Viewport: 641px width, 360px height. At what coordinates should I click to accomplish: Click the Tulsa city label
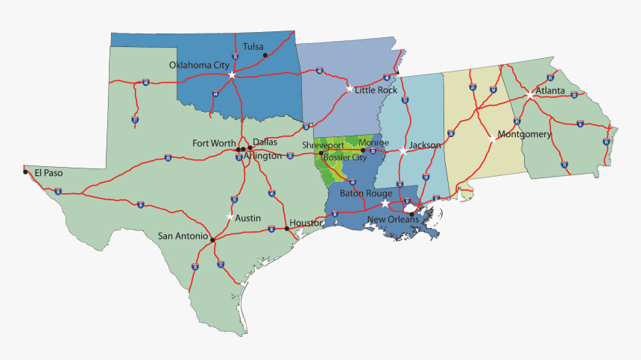click(x=253, y=46)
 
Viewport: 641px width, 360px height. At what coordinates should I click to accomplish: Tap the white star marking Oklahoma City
click(x=232, y=75)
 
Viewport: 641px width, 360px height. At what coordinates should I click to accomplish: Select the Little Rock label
click(x=376, y=90)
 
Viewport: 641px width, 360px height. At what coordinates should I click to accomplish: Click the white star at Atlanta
click(x=529, y=95)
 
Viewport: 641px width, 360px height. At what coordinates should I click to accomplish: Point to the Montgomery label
click(x=524, y=135)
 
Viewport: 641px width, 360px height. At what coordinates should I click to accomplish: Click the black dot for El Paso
click(x=25, y=172)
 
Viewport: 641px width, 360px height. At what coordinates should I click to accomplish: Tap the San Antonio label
click(x=183, y=236)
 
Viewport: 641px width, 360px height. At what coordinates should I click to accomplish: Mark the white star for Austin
click(x=230, y=216)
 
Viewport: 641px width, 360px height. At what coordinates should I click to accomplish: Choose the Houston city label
click(x=306, y=223)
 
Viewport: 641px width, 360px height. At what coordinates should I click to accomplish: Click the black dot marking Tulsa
click(x=265, y=55)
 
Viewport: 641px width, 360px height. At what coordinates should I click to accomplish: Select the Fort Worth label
click(x=214, y=143)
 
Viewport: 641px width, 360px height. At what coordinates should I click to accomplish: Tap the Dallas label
click(x=265, y=141)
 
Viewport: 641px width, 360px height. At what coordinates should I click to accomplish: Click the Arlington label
click(x=262, y=156)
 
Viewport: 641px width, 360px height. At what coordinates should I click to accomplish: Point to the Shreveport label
click(x=323, y=145)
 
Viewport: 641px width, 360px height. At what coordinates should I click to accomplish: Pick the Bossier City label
click(x=347, y=157)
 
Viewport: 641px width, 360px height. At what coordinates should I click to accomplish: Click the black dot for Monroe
click(x=362, y=151)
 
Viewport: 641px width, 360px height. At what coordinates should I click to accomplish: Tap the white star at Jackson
click(x=403, y=151)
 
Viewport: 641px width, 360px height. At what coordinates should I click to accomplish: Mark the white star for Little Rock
click(x=350, y=89)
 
